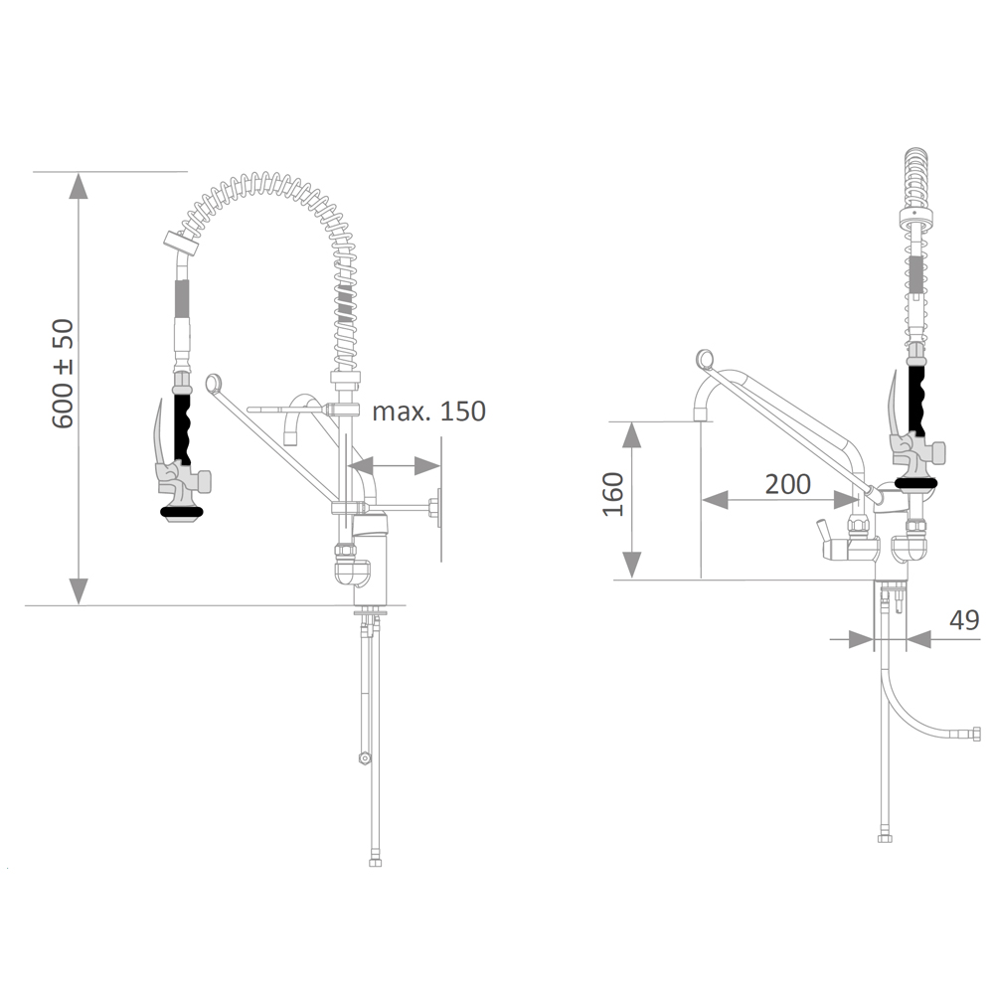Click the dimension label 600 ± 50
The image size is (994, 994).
point(63,374)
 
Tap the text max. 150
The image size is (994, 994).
point(428,411)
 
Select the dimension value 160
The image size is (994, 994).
point(613,494)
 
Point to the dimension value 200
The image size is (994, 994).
point(788,484)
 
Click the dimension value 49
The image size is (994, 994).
point(964,619)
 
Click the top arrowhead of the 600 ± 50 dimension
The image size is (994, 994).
point(78,185)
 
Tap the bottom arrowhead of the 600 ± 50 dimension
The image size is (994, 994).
point(78,591)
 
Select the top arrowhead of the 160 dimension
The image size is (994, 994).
point(631,435)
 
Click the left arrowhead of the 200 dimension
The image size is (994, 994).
point(715,501)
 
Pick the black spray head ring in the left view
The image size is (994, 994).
point(182,511)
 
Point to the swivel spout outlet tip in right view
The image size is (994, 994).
point(701,414)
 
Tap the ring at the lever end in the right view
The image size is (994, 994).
point(705,359)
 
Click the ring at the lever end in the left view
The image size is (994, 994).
point(215,383)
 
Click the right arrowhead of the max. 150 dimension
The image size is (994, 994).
point(427,466)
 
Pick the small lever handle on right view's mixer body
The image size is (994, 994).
point(823,530)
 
